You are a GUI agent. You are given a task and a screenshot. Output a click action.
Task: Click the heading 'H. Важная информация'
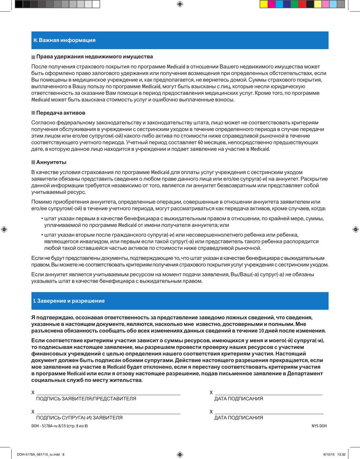coord(64,40)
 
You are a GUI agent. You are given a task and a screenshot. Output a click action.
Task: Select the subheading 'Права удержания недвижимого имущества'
coord(94,56)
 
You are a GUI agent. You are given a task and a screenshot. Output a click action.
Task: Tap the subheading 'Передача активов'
coord(61,113)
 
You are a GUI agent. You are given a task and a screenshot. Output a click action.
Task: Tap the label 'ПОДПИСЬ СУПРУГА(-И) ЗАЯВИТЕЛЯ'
coord(79,417)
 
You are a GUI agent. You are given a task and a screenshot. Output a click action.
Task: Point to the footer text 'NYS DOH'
coord(319,426)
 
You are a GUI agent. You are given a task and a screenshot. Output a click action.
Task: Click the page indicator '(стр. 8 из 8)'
coord(75,426)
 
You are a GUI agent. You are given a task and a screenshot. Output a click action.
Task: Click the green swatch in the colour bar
coord(294,4)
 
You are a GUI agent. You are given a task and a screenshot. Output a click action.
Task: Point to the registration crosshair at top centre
coord(180,4)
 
